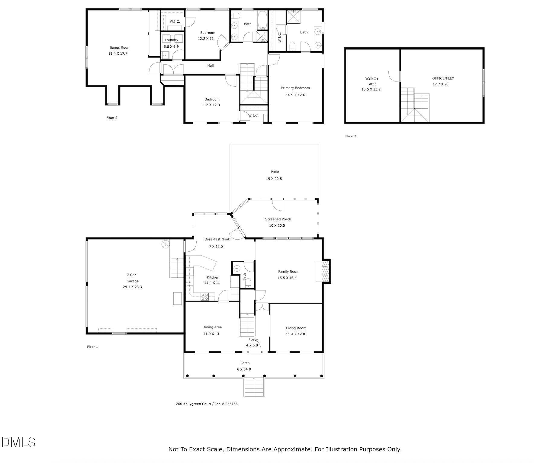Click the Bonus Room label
click(x=120, y=47)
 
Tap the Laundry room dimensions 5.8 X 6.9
click(x=171, y=46)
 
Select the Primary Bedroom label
click(x=295, y=88)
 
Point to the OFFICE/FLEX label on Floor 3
click(x=443, y=78)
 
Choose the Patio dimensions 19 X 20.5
click(x=274, y=179)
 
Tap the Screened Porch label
click(x=278, y=219)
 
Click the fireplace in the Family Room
click(x=325, y=271)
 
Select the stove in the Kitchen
click(x=205, y=296)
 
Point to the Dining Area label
click(x=212, y=327)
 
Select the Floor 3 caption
click(x=351, y=136)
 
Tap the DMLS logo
click(x=18, y=442)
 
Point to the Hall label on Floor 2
click(x=210, y=65)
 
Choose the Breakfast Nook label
click(x=217, y=239)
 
